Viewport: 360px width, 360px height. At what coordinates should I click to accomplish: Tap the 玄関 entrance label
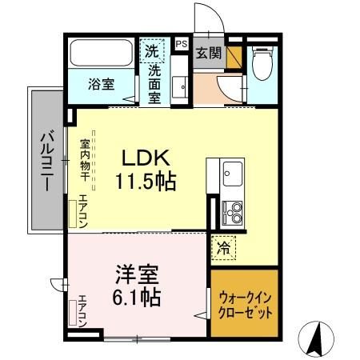(209, 54)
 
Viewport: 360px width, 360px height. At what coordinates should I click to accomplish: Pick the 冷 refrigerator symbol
(224, 248)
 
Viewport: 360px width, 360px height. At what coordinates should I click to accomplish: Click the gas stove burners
(233, 212)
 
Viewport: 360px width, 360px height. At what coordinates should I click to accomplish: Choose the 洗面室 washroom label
(154, 82)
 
